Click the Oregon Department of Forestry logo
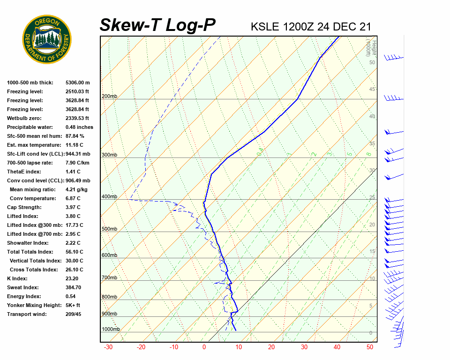pos(47,39)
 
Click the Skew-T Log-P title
pos(157,25)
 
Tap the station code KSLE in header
pos(266,27)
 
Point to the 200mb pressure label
pos(109,97)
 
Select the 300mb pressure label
pos(109,155)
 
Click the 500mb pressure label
pos(109,229)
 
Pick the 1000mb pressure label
pos(111,330)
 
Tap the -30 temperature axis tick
pos(108,347)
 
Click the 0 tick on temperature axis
pos(204,347)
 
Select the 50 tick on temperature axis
pos(370,347)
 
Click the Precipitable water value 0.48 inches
pos(79,127)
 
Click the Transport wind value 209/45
pos(73,314)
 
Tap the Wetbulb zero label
pos(24,118)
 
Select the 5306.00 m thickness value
pos(77,82)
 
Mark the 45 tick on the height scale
pos(372,90)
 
